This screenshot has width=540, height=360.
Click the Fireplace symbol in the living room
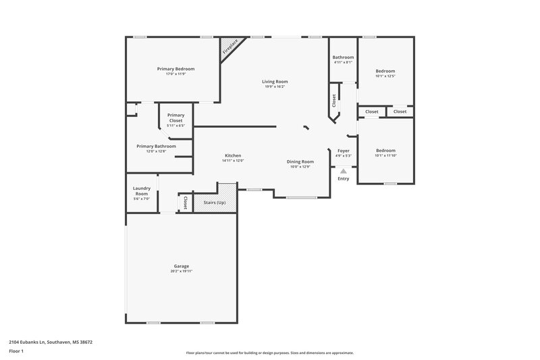(230, 47)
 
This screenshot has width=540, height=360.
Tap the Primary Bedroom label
(175, 69)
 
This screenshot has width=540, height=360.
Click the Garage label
(182, 266)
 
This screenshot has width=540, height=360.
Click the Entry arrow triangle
(343, 172)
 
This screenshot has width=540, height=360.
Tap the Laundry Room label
(141, 190)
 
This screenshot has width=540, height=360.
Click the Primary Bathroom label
(156, 146)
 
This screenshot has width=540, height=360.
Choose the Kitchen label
(233, 155)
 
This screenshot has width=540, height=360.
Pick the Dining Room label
(300, 161)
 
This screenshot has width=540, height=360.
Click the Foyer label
(343, 151)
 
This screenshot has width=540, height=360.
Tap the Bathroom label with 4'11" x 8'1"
(343, 57)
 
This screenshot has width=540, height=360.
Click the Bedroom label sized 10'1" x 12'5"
(385, 71)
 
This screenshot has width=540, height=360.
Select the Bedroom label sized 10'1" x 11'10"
(385, 151)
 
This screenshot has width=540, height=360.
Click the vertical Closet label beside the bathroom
(334, 100)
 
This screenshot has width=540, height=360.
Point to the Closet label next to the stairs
(184, 202)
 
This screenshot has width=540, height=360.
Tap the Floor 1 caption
(17, 352)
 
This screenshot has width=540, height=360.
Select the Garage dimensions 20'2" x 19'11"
(182, 271)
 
